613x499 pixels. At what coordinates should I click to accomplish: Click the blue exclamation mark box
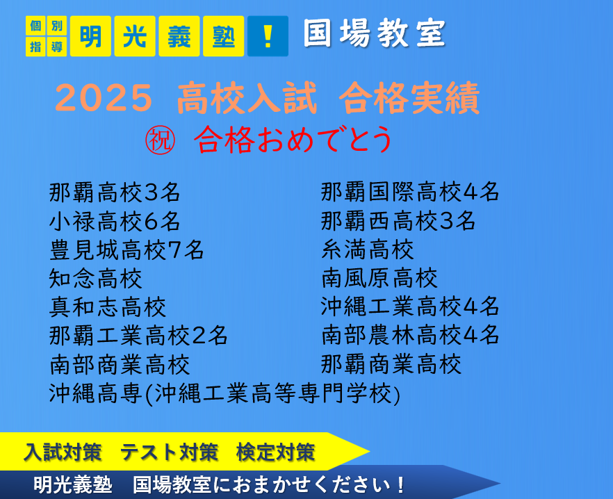pyautogui.click(x=268, y=36)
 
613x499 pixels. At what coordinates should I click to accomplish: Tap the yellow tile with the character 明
pyautogui.click(x=90, y=36)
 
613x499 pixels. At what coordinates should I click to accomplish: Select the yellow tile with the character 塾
pyautogui.click(x=224, y=36)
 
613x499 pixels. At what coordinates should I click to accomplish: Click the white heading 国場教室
pyautogui.click(x=375, y=33)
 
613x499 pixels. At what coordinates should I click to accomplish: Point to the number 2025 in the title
pyautogui.click(x=104, y=98)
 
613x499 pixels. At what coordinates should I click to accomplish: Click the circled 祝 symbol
pyautogui.click(x=160, y=140)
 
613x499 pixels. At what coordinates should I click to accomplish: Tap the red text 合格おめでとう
pyautogui.click(x=293, y=140)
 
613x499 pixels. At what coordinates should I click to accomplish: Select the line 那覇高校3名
pyautogui.click(x=115, y=193)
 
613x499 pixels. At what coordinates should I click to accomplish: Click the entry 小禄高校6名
pyautogui.click(x=115, y=221)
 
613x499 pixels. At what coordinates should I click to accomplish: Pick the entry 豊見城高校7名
pyautogui.click(x=126, y=250)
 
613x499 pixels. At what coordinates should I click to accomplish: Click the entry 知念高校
pyautogui.click(x=96, y=279)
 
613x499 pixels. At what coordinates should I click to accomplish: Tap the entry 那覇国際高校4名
pyautogui.click(x=410, y=192)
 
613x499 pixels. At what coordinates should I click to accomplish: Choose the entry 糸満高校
pyautogui.click(x=368, y=250)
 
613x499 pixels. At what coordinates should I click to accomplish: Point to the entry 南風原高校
pyautogui.click(x=379, y=278)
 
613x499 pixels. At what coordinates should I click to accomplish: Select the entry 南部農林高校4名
pyautogui.click(x=410, y=335)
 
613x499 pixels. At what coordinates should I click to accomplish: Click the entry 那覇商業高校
pyautogui.click(x=391, y=364)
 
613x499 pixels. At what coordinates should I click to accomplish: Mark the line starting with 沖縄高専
pyautogui.click(x=224, y=393)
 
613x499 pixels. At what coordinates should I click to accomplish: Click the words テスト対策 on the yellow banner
pyautogui.click(x=169, y=452)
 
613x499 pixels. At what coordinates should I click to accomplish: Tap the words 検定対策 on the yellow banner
pyautogui.click(x=276, y=452)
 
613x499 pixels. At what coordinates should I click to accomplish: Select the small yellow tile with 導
pyautogui.click(x=57, y=47)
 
